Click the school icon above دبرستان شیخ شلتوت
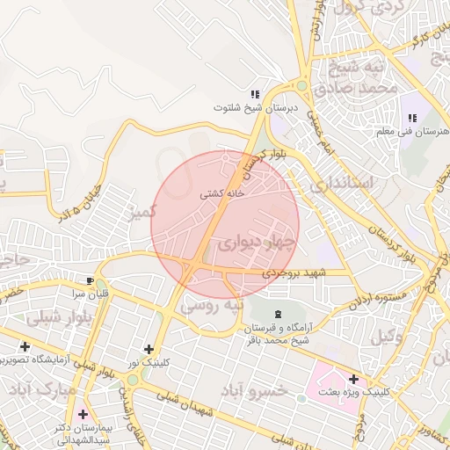click(x=255, y=94)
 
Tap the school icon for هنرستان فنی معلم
click(x=411, y=119)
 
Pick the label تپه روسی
click(x=209, y=307)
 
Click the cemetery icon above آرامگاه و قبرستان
click(x=279, y=314)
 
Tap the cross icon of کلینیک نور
click(x=148, y=349)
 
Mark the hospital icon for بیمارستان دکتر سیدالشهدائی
click(x=83, y=413)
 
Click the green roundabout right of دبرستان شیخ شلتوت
click(x=302, y=87)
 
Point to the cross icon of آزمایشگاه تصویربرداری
click(x=25, y=347)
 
